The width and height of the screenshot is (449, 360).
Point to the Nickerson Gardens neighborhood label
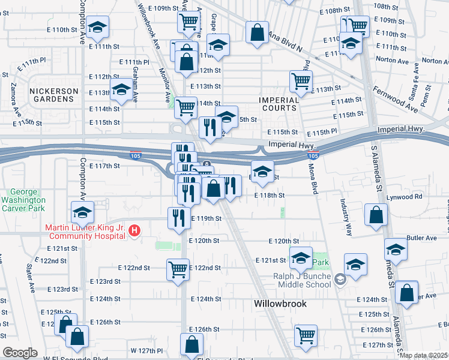click(53, 95)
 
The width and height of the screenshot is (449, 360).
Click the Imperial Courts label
click(278, 103)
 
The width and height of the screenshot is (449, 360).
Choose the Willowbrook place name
click(280, 304)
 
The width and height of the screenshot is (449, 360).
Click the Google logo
click(20, 353)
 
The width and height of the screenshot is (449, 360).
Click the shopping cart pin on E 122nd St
click(178, 270)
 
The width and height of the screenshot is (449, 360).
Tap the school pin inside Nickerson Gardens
click(122, 90)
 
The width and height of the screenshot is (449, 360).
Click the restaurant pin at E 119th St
click(178, 217)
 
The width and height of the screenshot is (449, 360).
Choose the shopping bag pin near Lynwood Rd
click(376, 215)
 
